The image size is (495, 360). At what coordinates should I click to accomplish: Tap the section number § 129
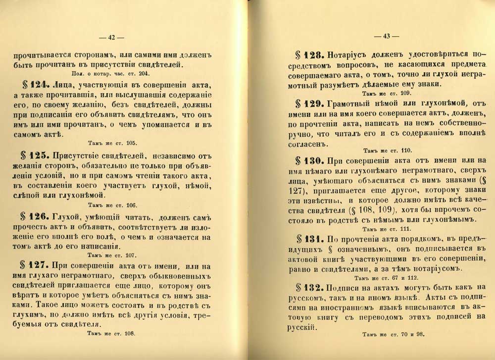(x=306, y=103)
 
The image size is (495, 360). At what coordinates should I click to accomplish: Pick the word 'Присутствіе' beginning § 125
(x=79, y=154)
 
